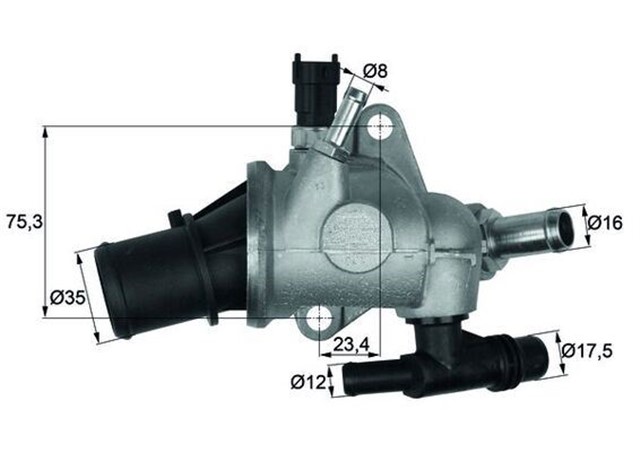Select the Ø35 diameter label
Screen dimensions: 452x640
67,297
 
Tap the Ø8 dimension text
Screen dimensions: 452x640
375,71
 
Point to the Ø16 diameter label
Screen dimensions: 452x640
607,223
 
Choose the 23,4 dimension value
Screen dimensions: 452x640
353,346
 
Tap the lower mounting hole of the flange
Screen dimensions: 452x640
320,320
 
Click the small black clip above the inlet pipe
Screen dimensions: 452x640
176,221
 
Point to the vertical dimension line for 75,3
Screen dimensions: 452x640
46,221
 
